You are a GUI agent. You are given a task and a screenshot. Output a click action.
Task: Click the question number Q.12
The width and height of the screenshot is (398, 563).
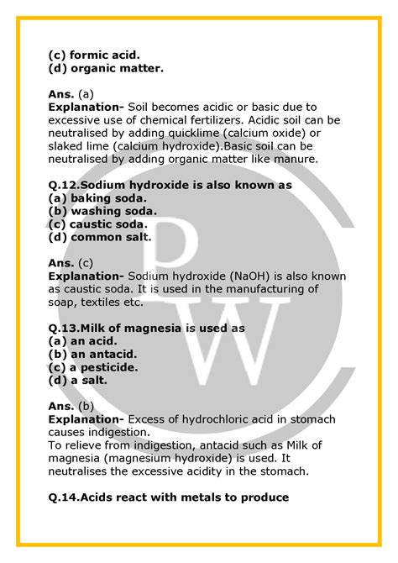[x=65, y=184]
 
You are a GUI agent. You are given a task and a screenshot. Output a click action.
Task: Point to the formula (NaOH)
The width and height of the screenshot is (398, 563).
[x=255, y=276]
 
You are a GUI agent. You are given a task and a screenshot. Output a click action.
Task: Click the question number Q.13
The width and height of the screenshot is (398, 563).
[x=65, y=328]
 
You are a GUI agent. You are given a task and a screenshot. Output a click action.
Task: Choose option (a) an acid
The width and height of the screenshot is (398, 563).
[x=82, y=341]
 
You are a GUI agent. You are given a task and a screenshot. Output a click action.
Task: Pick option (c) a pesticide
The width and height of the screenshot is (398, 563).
[x=94, y=367]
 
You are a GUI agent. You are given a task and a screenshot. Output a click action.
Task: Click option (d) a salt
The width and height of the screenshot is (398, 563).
[x=78, y=381]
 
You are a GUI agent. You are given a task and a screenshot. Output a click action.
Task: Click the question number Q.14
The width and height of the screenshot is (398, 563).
[x=65, y=497]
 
